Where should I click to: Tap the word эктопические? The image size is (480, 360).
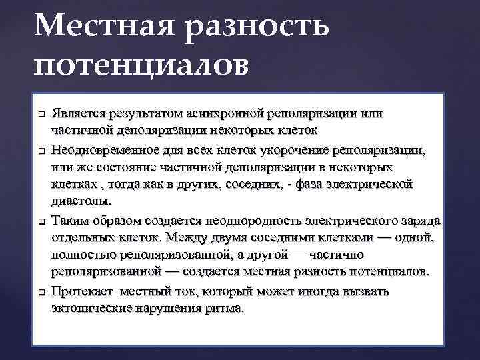pyautogui.click(x=91, y=309)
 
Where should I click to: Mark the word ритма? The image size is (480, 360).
pyautogui.click(x=227, y=309)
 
